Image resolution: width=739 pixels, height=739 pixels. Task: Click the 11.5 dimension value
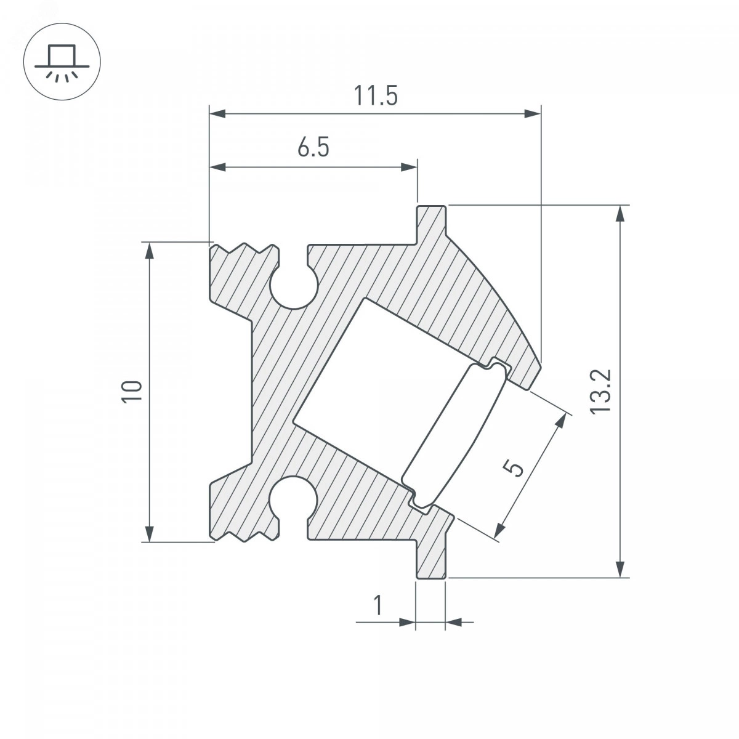pos(376,96)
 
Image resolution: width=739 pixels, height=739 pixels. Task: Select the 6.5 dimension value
pos(313,147)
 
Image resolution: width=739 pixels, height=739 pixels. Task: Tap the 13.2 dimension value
pos(600,392)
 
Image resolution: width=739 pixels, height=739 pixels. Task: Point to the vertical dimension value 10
pos(132,392)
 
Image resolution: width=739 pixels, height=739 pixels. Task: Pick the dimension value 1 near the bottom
pos(378,605)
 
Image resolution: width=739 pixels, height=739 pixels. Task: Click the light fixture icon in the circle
pos(62,62)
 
